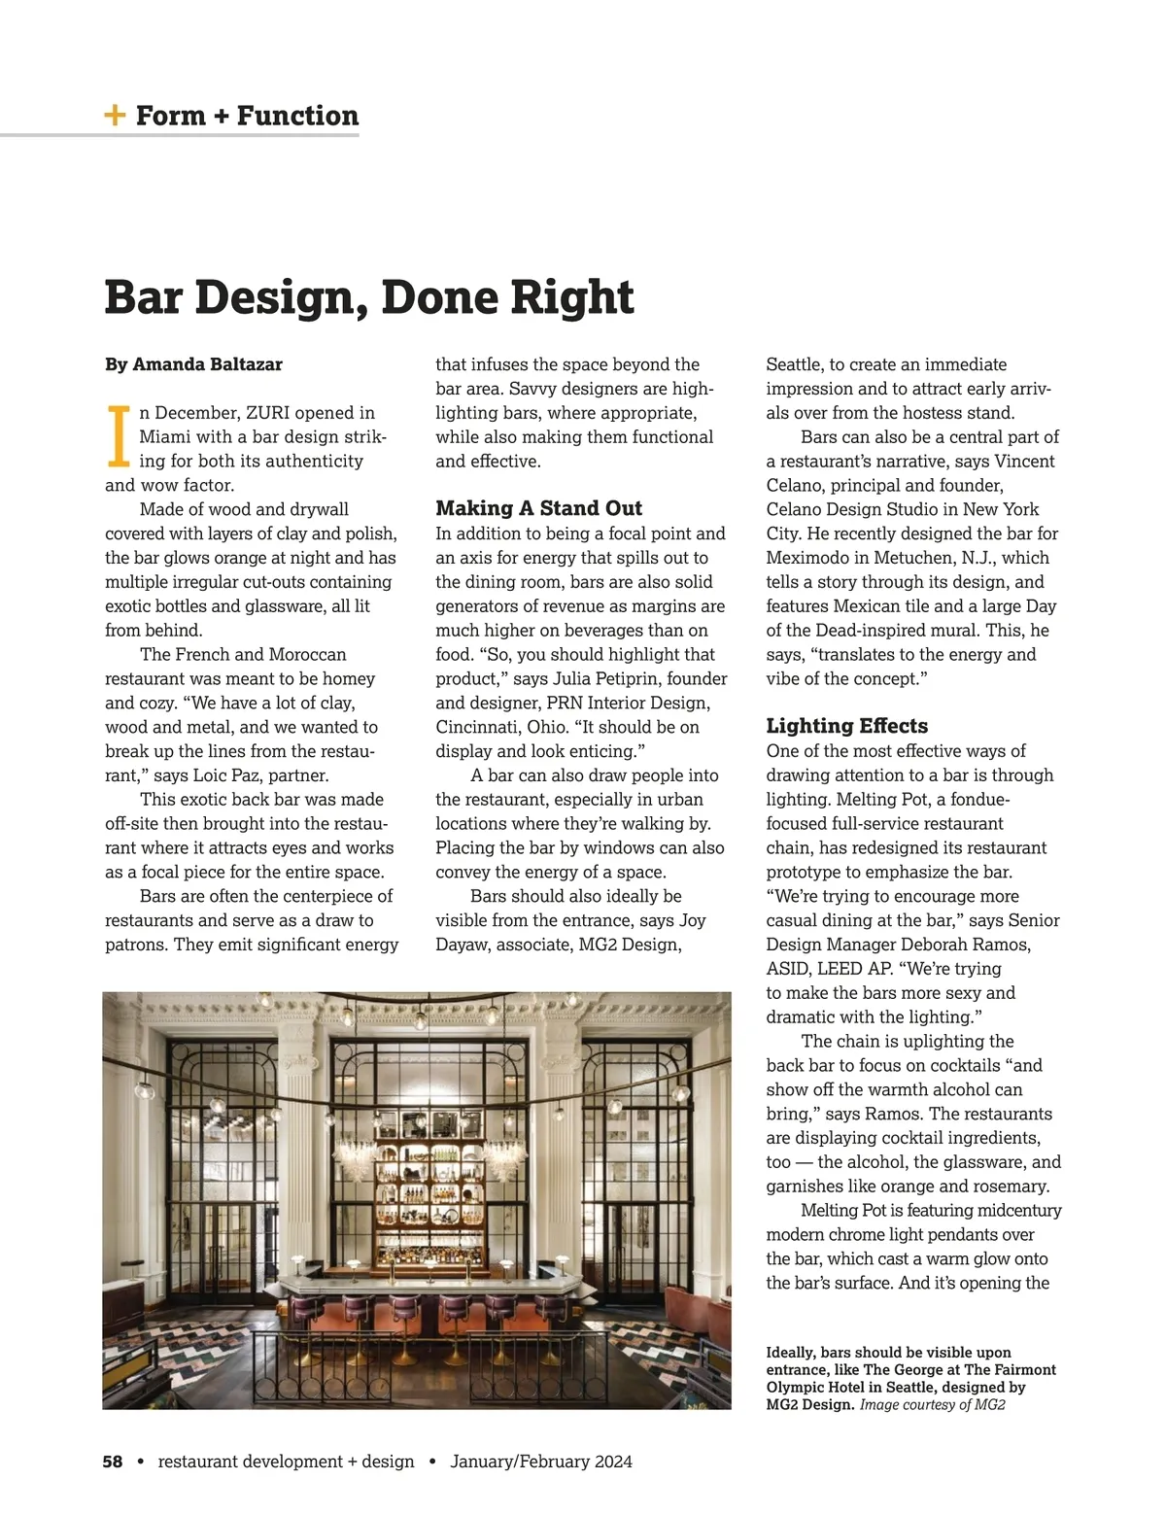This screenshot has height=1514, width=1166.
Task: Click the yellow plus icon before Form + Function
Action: tap(115, 116)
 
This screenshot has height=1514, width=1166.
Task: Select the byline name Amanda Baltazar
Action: tap(207, 364)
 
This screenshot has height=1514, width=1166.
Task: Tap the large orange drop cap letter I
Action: tap(118, 437)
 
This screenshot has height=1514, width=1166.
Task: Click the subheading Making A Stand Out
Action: tap(538, 508)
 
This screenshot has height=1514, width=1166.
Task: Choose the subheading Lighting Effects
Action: tap(846, 726)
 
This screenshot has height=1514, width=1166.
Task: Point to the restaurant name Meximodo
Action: tap(808, 558)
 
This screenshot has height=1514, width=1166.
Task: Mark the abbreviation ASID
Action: tap(786, 969)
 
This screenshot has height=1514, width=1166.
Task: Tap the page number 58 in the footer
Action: tap(113, 1462)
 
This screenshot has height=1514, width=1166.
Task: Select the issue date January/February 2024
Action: tap(541, 1462)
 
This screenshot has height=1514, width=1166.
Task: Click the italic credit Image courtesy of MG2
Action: tap(932, 1405)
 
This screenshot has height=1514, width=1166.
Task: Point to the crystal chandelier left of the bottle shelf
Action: tap(357, 1156)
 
